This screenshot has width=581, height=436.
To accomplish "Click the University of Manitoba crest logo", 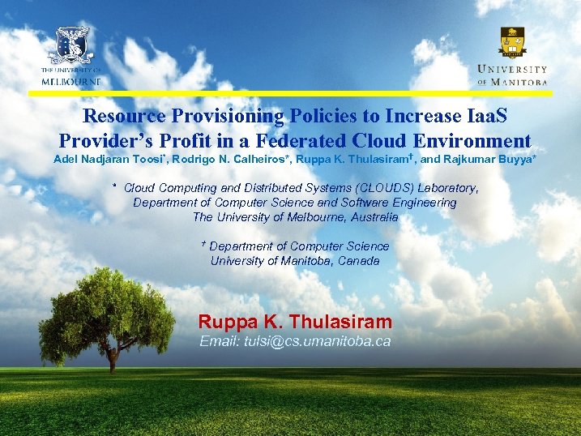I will pyautogui.click(x=512, y=41).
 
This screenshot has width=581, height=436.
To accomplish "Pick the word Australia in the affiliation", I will pyautogui.click(x=370, y=217).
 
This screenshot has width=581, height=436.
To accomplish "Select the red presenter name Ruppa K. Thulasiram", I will pyautogui.click(x=295, y=321).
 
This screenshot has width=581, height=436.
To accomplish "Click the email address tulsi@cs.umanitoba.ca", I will pyautogui.click(x=295, y=341).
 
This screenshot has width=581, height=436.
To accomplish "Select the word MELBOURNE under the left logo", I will pyautogui.click(x=71, y=82).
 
